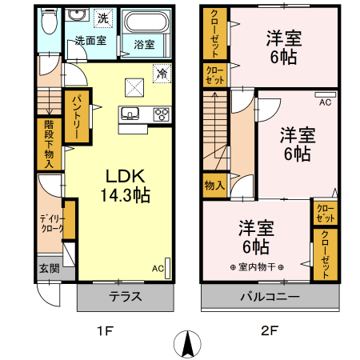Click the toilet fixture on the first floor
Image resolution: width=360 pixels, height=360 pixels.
tap(48, 22)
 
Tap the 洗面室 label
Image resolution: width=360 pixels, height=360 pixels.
tap(90, 39)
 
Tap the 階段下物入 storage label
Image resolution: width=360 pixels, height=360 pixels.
tap(47, 145)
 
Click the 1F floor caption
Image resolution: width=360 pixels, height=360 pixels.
tap(104, 328)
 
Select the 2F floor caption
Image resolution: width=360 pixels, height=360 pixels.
tap(268, 328)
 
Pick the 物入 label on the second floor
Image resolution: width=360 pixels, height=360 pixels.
tap(214, 186)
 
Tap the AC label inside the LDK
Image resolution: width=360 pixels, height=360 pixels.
tap(156, 268)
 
